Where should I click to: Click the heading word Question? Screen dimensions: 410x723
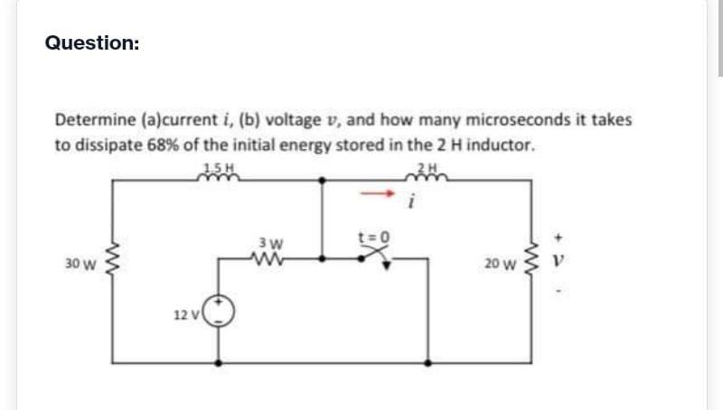tap(92, 42)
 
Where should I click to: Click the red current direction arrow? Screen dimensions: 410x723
tap(379, 193)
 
